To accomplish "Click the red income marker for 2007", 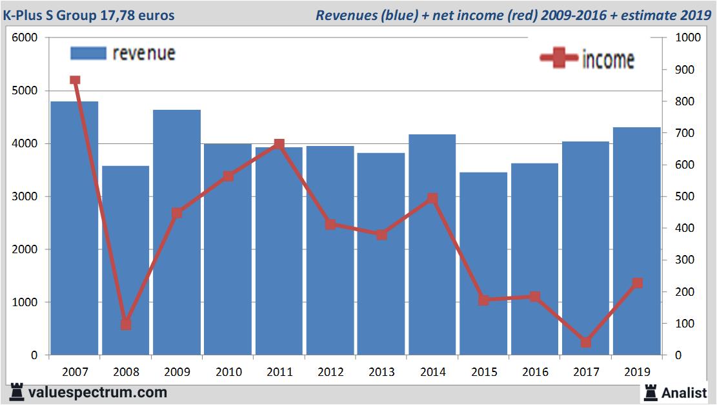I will pyautogui.click(x=75, y=80).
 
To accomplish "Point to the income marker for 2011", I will pyautogui.click(x=279, y=144).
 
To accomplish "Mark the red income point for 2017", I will pyautogui.click(x=585, y=342).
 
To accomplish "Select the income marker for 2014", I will pyautogui.click(x=432, y=198).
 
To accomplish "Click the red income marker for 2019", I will pyautogui.click(x=637, y=283).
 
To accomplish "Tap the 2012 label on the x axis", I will pyautogui.click(x=330, y=372).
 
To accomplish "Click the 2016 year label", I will pyautogui.click(x=535, y=372).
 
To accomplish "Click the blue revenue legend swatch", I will pyautogui.click(x=86, y=53).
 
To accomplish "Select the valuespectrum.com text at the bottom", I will pyautogui.click(x=97, y=392).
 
